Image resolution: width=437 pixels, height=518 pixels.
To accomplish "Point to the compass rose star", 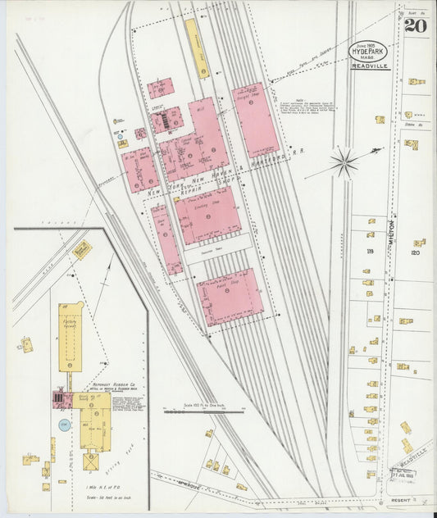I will tap(344, 161).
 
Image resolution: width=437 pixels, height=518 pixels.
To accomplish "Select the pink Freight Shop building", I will tap(255, 120).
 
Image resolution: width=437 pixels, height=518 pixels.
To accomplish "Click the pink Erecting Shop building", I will tap(208, 215).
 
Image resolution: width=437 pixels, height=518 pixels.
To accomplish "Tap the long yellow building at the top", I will tap(196, 48).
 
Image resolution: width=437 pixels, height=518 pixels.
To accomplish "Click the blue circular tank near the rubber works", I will tap(64, 424).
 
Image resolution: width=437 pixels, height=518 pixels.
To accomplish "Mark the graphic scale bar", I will tap(204, 411).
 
